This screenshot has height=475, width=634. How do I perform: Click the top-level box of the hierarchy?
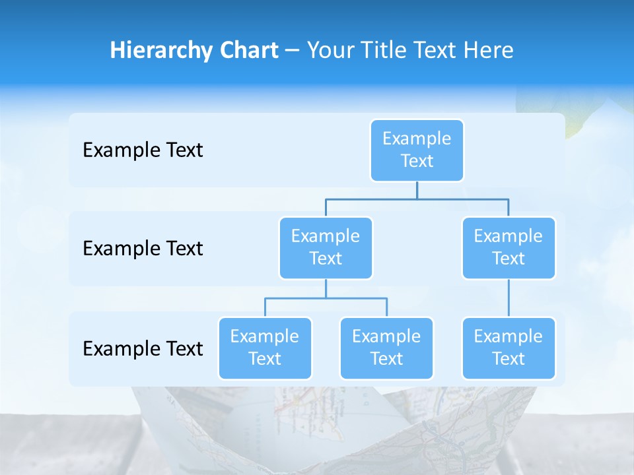pos(417,150)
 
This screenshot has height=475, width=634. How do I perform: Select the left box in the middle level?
pos(326,247)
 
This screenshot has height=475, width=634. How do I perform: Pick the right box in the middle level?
pos(509,247)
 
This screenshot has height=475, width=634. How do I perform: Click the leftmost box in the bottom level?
pos(265,348)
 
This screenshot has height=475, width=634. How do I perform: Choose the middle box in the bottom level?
pos(386,348)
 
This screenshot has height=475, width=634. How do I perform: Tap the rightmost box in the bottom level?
pos(509,348)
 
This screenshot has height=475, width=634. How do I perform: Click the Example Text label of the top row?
pos(143,150)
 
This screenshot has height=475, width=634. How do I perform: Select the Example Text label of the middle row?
pos(143,248)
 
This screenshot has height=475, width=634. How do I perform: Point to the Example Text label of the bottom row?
pos(143,348)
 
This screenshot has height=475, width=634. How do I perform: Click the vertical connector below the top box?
pos(417,190)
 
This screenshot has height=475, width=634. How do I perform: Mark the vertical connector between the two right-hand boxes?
pos(509,298)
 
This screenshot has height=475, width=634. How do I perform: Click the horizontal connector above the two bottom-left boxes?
pos(326,298)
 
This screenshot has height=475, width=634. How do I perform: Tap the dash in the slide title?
pos(293,51)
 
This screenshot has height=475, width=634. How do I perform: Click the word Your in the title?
pos(329,50)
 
